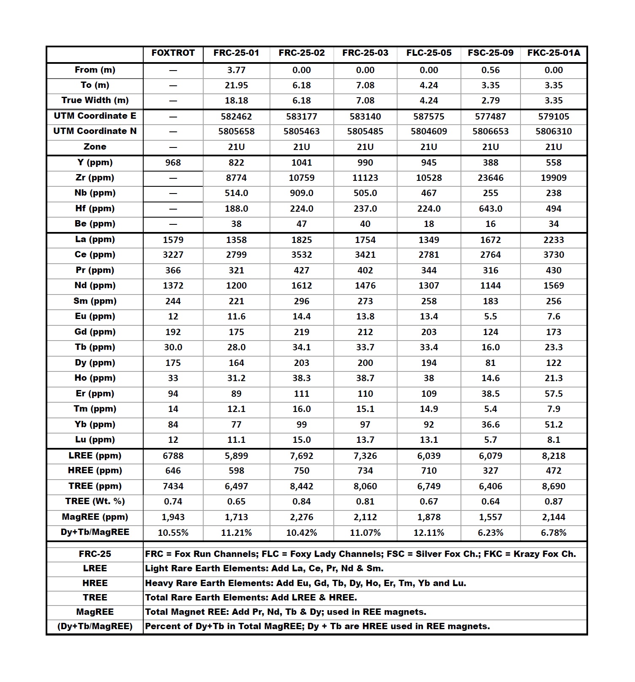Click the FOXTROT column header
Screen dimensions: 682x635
tap(173, 53)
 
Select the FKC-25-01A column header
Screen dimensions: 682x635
tap(553, 53)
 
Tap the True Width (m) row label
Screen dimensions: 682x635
tap(95, 101)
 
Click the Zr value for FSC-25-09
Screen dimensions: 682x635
tap(491, 178)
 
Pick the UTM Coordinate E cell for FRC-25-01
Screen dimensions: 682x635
tap(236, 117)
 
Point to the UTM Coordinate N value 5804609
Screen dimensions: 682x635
tap(429, 131)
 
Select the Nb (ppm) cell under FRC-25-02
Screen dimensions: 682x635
tap(302, 193)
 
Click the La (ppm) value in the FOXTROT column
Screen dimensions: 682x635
tap(173, 240)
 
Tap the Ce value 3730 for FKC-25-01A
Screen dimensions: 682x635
tap(553, 255)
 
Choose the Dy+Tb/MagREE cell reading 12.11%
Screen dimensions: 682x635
tap(429, 533)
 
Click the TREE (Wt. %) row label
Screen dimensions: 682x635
tap(95, 502)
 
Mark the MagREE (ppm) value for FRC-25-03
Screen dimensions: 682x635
tap(365, 517)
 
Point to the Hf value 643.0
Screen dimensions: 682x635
tap(491, 209)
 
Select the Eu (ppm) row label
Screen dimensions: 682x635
tap(95, 316)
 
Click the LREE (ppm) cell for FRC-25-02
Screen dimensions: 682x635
tap(302, 456)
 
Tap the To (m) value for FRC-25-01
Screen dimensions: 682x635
tap(236, 85)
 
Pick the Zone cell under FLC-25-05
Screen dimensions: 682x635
tap(429, 147)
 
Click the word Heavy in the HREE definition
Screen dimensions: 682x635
tap(159, 584)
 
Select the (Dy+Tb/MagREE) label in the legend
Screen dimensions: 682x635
tap(95, 627)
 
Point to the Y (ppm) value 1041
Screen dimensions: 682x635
tap(302, 163)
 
